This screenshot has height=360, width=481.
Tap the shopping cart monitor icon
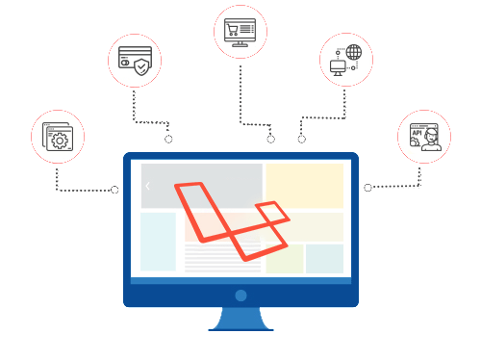click(x=239, y=31)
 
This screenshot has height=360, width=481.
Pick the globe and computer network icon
click(x=343, y=60)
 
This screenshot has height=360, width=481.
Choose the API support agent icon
click(x=423, y=137)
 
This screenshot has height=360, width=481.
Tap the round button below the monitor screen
click(x=240, y=295)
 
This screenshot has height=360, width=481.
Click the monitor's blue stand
click(x=240, y=319)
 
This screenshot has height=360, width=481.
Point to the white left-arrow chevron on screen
click(x=148, y=186)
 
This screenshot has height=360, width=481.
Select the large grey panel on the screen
click(x=202, y=185)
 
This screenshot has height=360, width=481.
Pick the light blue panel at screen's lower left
click(x=158, y=241)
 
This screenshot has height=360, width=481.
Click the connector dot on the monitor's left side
click(x=114, y=190)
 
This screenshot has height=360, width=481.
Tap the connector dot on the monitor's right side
click(x=367, y=187)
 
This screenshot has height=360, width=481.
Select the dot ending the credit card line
click(x=168, y=140)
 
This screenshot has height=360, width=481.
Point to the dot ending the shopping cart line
click(x=271, y=140)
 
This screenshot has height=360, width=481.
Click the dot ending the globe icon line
click(x=301, y=140)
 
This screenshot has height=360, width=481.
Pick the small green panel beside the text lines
click(x=285, y=259)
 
